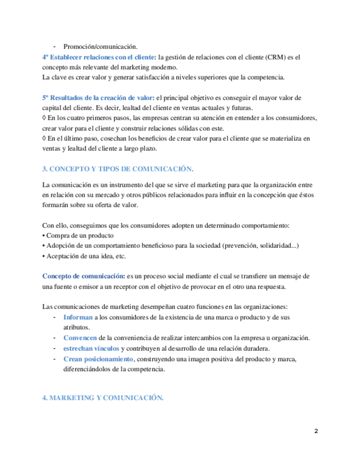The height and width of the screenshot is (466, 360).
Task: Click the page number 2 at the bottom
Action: point(316,431)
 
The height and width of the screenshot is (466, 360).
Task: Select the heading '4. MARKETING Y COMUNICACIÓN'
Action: point(103,398)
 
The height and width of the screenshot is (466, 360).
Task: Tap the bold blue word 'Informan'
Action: point(78,318)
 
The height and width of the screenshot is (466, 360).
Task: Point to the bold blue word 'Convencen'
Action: point(80,337)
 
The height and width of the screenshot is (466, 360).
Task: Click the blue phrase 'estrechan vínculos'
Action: point(91,348)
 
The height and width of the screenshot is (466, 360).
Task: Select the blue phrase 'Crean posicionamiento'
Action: point(98,359)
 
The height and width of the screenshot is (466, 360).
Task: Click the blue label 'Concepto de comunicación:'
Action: point(84,275)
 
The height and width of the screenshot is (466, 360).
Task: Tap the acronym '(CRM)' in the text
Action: point(276,57)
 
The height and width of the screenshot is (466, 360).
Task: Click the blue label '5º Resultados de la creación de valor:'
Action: point(98,97)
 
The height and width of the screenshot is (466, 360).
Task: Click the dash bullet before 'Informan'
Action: point(54,318)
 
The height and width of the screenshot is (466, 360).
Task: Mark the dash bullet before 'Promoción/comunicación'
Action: point(54,46)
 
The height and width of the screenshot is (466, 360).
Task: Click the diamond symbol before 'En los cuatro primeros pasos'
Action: point(45,118)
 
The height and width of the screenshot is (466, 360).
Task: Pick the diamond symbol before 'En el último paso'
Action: point(45,138)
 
